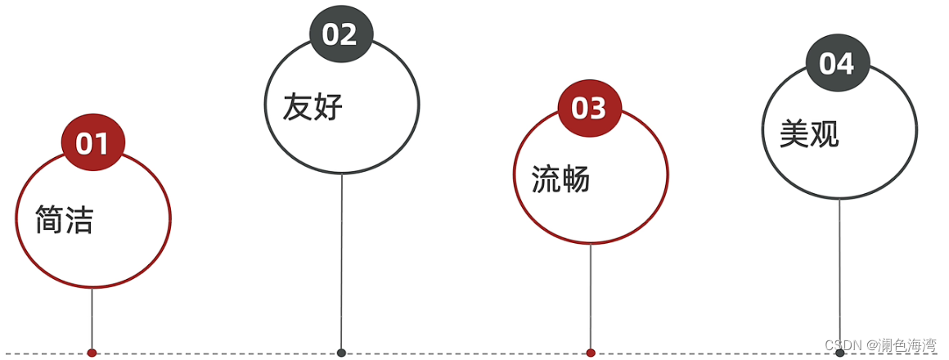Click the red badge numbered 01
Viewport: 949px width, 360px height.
point(92,143)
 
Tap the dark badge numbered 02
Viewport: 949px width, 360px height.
point(340,34)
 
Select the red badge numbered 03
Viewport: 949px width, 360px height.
point(589,108)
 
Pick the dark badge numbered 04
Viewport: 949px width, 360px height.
point(838,64)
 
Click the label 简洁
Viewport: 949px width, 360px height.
point(65,220)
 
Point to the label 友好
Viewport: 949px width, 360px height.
point(313,107)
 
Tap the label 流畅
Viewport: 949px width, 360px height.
point(560,179)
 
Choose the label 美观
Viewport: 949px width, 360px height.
point(809,134)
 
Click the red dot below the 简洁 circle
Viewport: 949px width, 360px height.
point(92,353)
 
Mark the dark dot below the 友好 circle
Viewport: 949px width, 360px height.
point(341,353)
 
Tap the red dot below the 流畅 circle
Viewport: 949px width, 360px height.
point(591,353)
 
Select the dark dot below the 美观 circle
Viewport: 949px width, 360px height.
point(839,353)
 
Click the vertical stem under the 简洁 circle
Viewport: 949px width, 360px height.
point(92,319)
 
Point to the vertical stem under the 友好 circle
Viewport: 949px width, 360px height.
point(341,262)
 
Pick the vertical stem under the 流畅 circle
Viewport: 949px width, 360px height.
point(591,299)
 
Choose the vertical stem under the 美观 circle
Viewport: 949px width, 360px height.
point(839,274)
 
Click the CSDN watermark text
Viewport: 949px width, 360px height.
point(880,345)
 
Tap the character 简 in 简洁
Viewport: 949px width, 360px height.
point(50,220)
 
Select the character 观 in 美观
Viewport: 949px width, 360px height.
point(824,134)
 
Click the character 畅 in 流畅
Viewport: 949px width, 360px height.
point(576,179)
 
